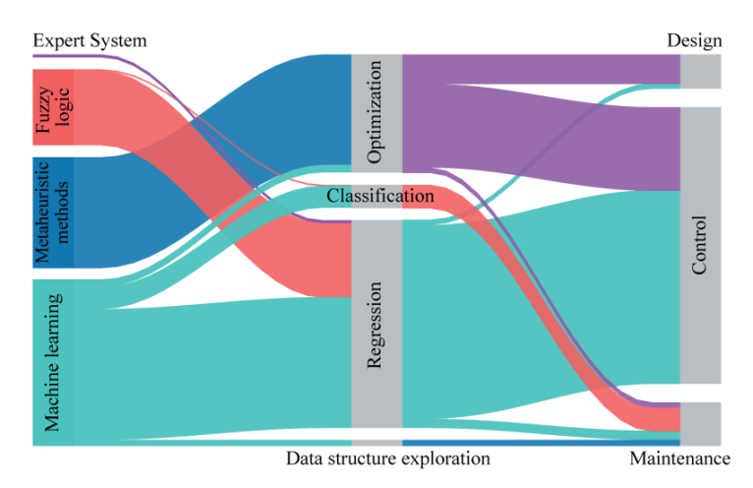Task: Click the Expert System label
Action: point(89,40)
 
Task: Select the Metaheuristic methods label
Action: point(46,212)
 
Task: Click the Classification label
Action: point(380,197)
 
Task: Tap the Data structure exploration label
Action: point(387,458)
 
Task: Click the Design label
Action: point(694,40)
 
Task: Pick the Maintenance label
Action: point(679,458)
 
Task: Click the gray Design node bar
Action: point(701,72)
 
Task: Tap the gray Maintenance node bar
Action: point(701,423)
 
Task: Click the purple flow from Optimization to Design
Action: point(541,69)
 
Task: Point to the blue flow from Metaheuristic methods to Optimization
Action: point(246,108)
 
